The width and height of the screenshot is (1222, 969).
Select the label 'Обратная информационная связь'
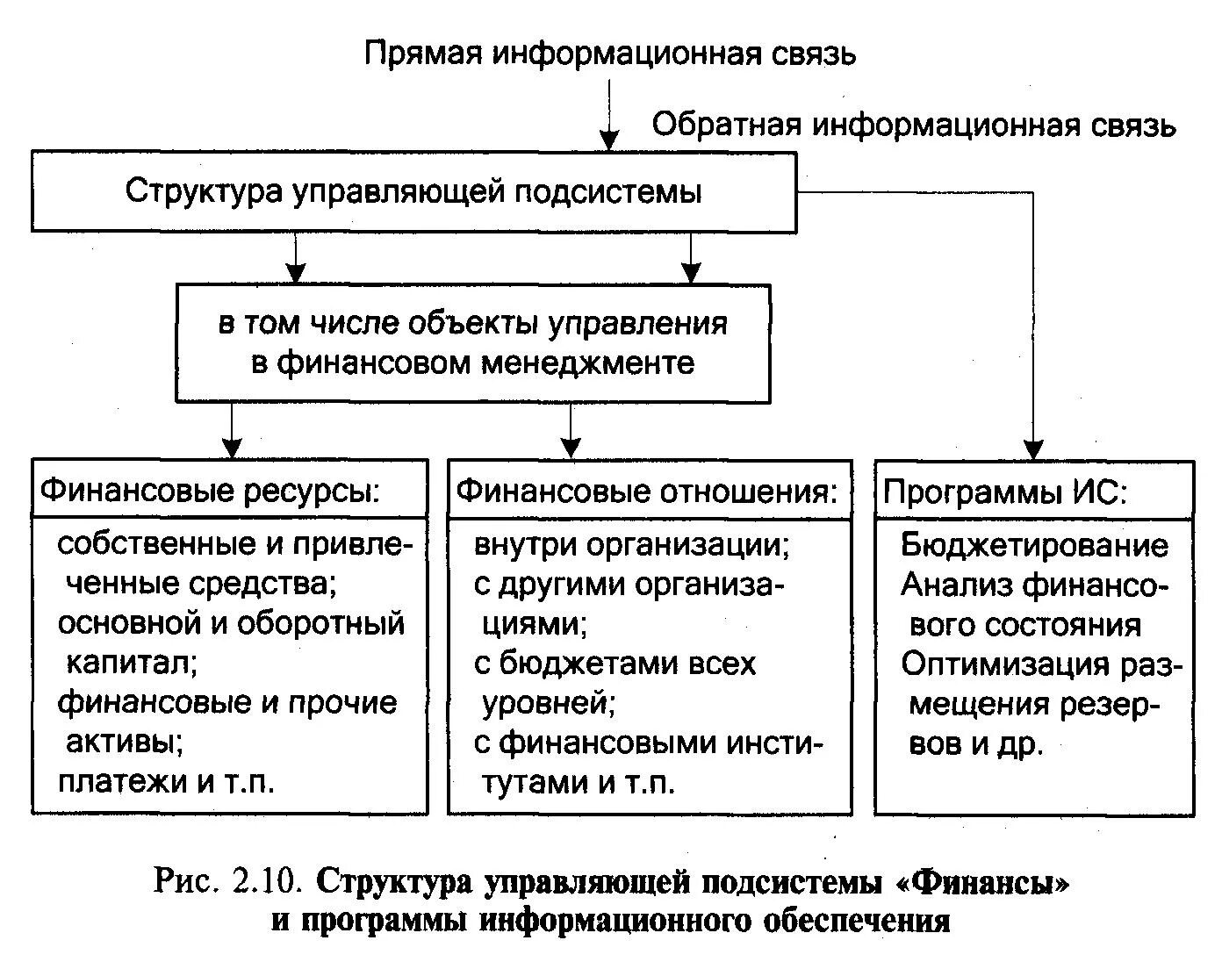coord(913,126)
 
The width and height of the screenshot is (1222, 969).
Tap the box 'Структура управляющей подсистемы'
coord(413,191)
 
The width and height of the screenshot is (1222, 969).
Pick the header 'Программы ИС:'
coord(1004,492)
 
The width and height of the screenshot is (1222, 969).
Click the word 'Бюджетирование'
coord(1034,545)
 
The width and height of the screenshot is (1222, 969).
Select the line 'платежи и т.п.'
coord(167,781)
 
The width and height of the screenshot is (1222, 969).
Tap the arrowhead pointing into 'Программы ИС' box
coord(1035,449)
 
